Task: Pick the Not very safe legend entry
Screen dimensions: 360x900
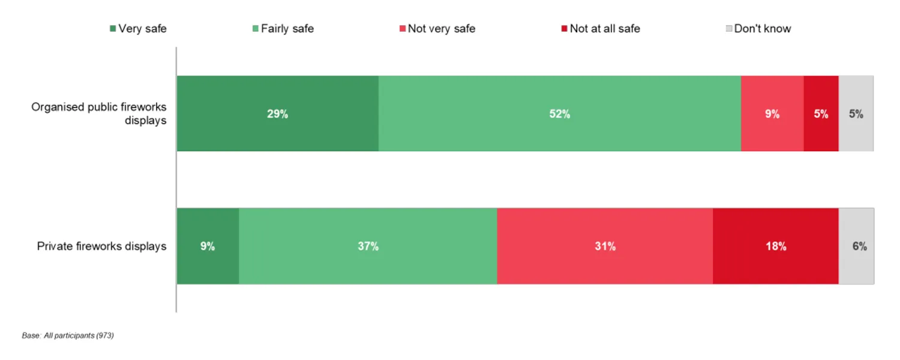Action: click(x=437, y=28)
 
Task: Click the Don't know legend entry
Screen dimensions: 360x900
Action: click(x=758, y=28)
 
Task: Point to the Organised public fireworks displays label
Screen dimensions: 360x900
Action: click(x=99, y=113)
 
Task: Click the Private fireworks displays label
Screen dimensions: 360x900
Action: click(x=101, y=246)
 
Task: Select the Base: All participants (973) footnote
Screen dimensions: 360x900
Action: click(x=68, y=335)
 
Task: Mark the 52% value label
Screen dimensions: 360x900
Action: click(x=559, y=114)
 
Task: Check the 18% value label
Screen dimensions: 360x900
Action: click(x=775, y=246)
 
